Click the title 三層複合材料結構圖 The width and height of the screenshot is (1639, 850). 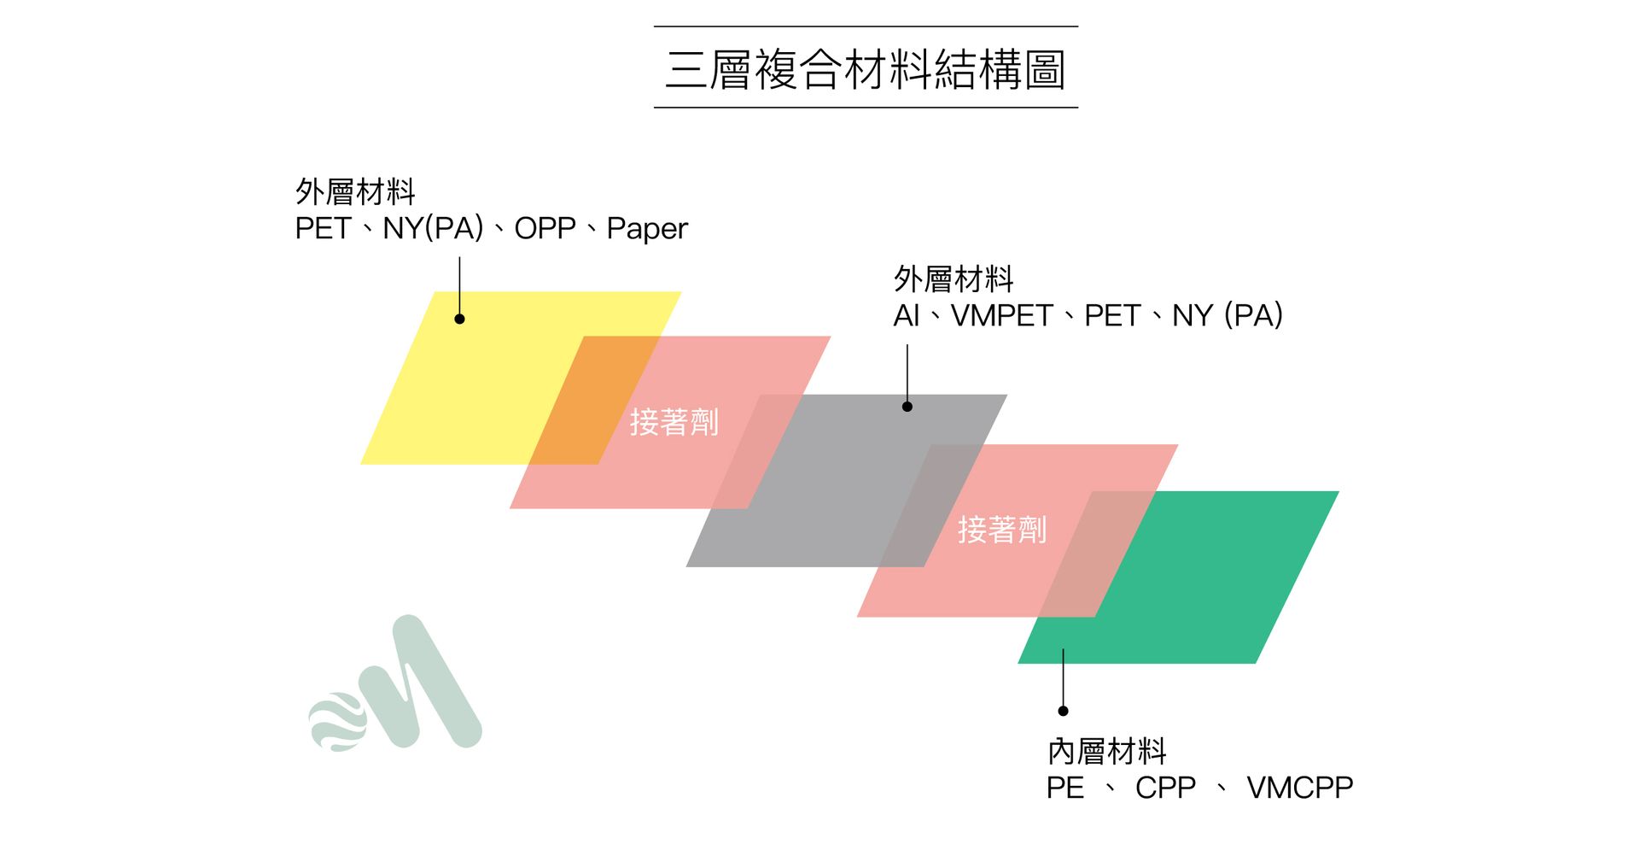pos(866,69)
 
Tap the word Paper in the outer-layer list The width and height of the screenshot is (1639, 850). pos(647,229)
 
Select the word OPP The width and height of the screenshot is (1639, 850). pos(545,228)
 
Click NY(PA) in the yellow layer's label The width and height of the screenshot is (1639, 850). pos(433,228)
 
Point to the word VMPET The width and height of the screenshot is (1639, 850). pos(1001,316)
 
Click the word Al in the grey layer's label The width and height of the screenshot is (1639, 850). pos(906,316)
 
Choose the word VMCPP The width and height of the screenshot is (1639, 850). pos(1299,788)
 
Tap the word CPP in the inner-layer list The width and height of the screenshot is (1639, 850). pos(1165,788)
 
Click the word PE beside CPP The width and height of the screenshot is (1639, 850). pos(1065,788)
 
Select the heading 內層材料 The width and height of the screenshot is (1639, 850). pos(1106,752)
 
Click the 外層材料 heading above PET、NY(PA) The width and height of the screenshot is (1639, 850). pos(355,192)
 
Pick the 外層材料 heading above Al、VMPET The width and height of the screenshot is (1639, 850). pos(954,279)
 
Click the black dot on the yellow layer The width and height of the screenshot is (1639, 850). pos(459,319)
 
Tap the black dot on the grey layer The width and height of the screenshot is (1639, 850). pos(907,407)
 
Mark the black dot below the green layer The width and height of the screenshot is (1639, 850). pos(1063,711)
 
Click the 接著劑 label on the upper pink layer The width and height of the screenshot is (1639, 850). pos(674,422)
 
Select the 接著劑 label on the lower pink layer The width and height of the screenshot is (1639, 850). pos(1002,530)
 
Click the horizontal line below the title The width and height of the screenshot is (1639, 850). pos(866,108)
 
